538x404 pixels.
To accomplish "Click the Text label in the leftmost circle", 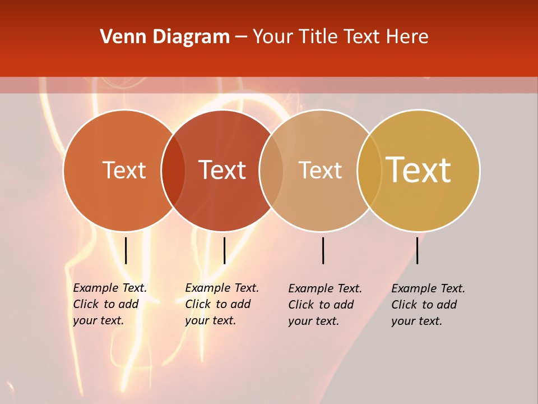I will (x=124, y=170).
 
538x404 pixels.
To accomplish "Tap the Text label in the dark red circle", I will (x=222, y=170).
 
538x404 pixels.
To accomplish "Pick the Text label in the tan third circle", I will (x=320, y=170).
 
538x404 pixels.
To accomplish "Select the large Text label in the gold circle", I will (x=419, y=170).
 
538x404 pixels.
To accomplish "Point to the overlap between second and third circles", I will (x=271, y=171).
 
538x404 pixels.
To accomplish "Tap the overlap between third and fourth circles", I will (x=369, y=171).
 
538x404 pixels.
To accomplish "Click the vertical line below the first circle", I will (x=126, y=250).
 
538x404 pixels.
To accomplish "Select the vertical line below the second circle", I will (x=224, y=250).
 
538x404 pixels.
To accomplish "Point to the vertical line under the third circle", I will (x=323, y=250).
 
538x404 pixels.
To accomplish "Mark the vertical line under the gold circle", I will (x=417, y=250).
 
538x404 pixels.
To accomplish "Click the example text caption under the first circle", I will (x=110, y=304).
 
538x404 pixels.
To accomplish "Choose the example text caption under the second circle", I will (x=222, y=304).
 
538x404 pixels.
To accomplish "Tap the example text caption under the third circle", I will (x=325, y=305).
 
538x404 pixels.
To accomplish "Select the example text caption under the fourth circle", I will (x=428, y=305).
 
